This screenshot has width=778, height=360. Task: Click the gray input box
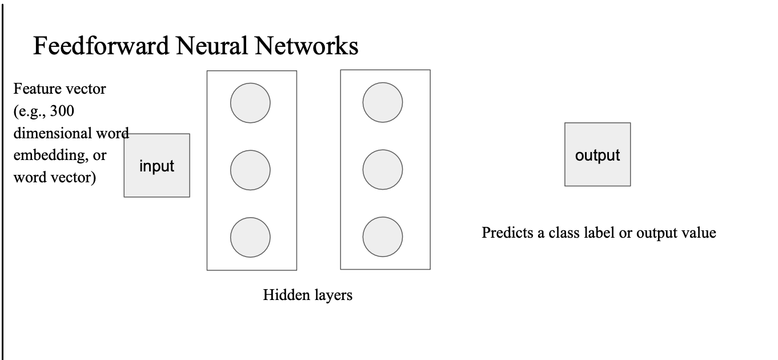point(157,166)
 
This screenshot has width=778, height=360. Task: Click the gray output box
point(597,154)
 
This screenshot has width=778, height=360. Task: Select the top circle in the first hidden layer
point(250,103)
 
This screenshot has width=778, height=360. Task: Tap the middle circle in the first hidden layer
point(250,170)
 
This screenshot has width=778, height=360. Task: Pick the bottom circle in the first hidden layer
point(250,237)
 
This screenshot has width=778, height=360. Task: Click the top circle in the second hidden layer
point(383,103)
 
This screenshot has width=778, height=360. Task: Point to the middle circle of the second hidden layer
point(383,170)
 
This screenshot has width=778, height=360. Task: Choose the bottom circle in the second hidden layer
point(383,237)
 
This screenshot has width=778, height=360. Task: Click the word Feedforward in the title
point(101,46)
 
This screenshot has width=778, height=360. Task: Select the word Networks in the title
point(307,46)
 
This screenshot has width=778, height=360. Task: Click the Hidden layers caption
point(307,295)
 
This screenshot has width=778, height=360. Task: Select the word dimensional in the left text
point(52,134)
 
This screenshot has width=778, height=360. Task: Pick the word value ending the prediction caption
point(700,233)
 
